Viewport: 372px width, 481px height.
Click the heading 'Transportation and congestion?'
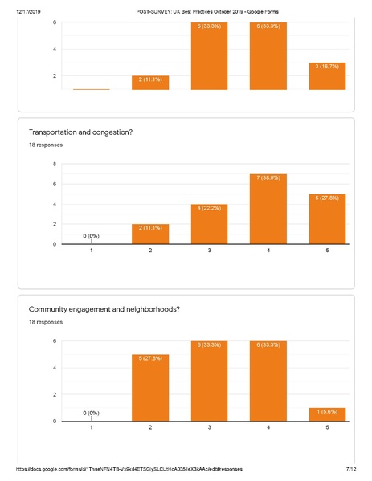[x=84, y=132]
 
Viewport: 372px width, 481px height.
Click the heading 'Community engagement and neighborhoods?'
[x=104, y=309]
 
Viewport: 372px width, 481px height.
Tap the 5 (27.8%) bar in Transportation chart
[x=327, y=218]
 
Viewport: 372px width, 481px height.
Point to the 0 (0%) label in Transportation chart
[x=92, y=235]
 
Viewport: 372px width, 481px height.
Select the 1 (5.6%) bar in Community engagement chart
[x=327, y=414]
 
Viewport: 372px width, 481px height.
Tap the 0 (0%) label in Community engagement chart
[x=92, y=413]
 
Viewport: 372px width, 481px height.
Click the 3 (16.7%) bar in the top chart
[x=327, y=75]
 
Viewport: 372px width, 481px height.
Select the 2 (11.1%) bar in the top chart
[x=150, y=82]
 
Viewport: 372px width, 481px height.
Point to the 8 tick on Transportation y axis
[x=55, y=164]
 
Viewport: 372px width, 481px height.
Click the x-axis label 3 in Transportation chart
[x=209, y=251]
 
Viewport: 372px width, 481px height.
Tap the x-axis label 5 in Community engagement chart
[x=327, y=428]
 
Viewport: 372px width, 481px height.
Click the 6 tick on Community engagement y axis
[x=55, y=341]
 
